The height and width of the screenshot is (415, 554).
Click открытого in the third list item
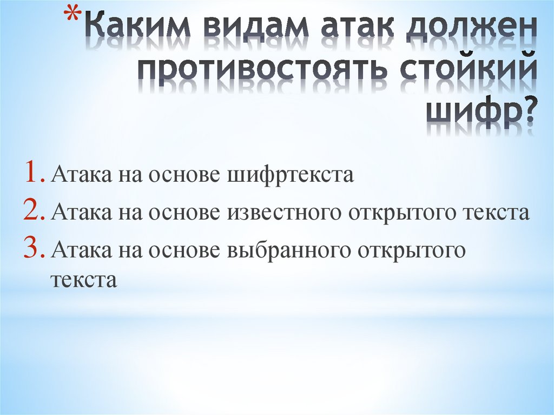pyautogui.click(x=411, y=251)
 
